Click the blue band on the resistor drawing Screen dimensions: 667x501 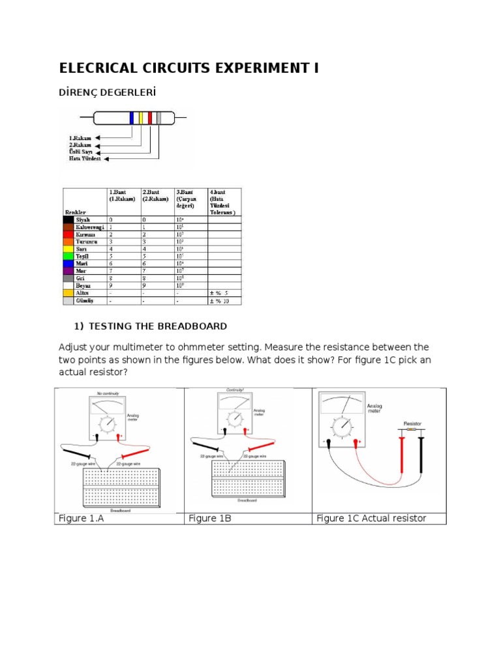click(131, 118)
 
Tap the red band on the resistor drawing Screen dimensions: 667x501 click(150, 118)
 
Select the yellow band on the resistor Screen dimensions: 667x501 click(140, 118)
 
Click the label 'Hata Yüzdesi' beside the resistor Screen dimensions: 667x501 click(85, 158)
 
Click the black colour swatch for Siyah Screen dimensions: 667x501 click(68, 220)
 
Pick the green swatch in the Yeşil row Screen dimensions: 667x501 click(68, 256)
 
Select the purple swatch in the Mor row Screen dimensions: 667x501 click(68, 270)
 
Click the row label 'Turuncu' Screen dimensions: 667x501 click(87, 242)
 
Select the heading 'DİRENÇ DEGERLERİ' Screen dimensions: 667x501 click(108, 93)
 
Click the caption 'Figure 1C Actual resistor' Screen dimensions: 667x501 click(371, 518)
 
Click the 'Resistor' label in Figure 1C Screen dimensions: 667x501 click(412, 423)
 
